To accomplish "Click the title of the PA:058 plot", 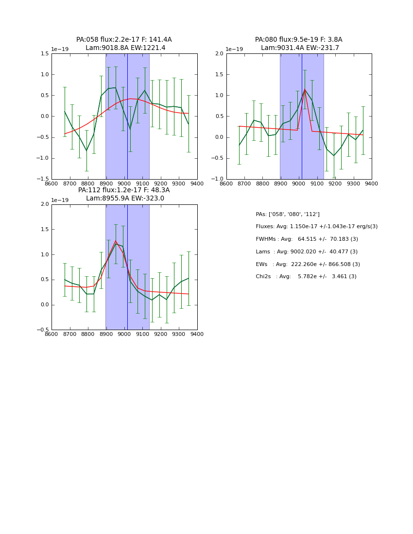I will tap(124, 44).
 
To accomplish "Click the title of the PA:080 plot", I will tap(299, 44).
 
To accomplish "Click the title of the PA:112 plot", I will tap(124, 194).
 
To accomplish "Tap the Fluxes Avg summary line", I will tap(316, 227).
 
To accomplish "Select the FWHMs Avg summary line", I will tap(307, 239).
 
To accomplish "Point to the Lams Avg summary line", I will tap(307, 251).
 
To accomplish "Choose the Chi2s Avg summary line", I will tap(306, 276).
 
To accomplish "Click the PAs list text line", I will tap(288, 214).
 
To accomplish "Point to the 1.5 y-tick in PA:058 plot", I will tap(45, 54).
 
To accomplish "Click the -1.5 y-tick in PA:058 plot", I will tap(44, 179).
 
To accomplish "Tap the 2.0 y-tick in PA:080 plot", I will tap(220, 54).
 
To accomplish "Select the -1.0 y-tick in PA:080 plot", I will tap(219, 179).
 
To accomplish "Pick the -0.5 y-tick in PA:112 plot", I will tap(44, 330).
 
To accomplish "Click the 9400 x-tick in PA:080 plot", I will tap(372, 184).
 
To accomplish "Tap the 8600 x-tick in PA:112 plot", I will tap(52, 334).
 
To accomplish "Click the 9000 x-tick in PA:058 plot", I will tap(124, 184).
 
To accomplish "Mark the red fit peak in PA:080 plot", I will tap(305, 89).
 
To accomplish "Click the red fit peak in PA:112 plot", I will tap(116, 241).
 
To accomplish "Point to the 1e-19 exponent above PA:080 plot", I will tap(235, 50).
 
